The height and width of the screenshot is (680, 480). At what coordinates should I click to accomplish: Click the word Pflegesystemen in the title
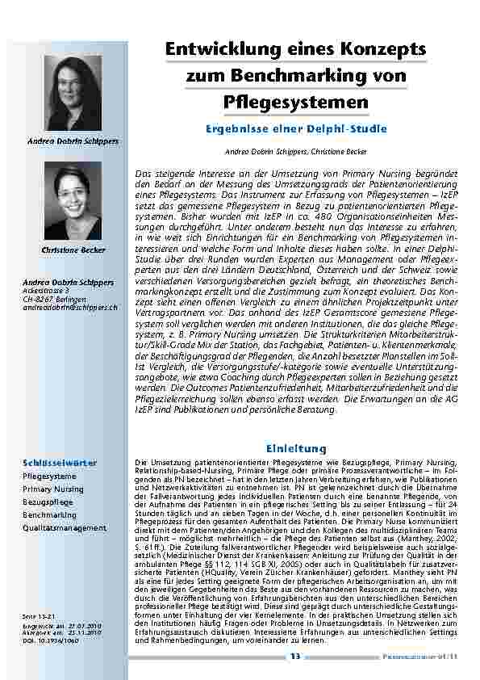295,103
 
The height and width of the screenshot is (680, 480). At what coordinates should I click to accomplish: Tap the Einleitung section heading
295,447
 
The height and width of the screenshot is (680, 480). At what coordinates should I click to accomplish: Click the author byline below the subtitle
295,151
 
